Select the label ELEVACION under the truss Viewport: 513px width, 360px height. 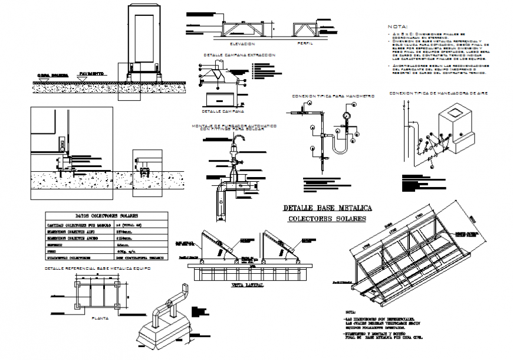pos(243,44)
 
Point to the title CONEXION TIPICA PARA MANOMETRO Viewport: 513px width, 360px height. pos(333,96)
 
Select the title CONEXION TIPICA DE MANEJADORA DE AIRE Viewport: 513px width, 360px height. pos(438,93)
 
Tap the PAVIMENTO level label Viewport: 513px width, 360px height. pos(92,74)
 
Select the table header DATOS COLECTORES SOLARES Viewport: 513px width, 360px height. pos(106,217)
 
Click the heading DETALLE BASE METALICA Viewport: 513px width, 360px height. pos(326,208)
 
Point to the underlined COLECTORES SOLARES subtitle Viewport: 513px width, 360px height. pos(326,219)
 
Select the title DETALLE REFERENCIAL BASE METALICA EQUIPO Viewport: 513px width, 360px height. pos(98,269)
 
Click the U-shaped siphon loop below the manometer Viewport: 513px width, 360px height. pos(340,148)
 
